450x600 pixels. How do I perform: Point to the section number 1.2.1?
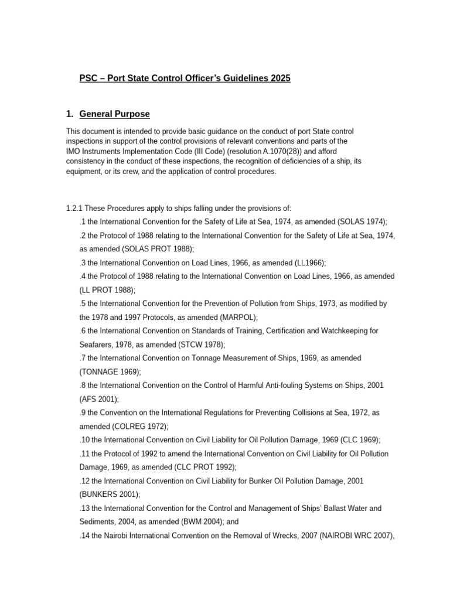tap(76, 208)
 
